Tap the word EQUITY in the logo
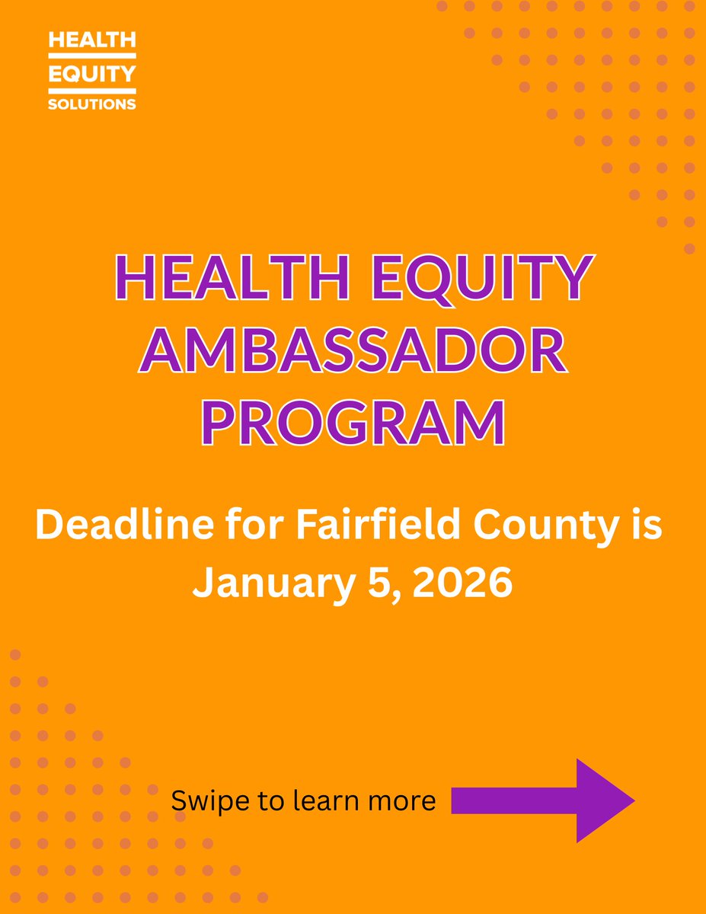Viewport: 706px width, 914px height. tap(91, 73)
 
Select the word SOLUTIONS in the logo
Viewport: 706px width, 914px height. tap(91, 103)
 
